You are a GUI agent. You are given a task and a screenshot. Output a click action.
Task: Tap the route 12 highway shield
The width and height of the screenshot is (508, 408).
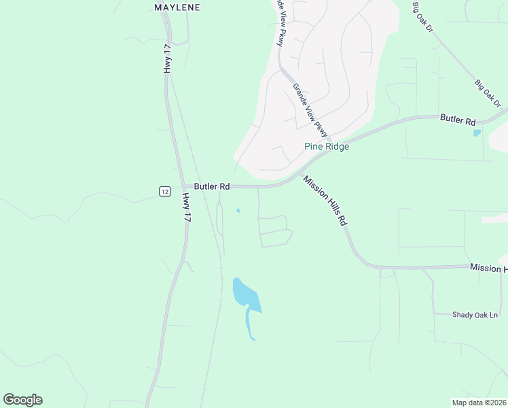(164, 191)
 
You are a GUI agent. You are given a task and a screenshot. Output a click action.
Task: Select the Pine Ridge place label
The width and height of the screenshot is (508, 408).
(326, 146)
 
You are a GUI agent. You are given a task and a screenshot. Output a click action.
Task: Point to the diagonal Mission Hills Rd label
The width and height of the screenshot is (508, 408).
(325, 201)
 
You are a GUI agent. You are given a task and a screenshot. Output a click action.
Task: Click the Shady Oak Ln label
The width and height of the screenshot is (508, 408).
(475, 315)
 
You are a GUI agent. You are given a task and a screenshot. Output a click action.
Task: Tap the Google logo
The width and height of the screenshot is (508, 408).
(22, 399)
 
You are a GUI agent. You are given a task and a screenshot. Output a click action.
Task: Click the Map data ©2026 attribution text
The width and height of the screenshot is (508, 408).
(479, 402)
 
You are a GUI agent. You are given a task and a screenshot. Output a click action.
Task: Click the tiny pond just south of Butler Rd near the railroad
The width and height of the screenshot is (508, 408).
(238, 211)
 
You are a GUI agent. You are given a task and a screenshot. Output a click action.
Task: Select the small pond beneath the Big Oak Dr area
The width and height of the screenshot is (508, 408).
(477, 133)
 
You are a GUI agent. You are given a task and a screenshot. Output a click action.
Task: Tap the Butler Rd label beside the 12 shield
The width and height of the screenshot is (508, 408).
(212, 186)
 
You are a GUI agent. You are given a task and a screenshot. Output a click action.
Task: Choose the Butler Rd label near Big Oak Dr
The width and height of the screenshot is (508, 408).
(457, 120)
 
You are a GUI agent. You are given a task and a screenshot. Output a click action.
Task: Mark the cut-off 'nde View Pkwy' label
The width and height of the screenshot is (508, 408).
(280, 24)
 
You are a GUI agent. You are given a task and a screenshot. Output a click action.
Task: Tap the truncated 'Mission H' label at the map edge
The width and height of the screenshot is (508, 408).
(488, 269)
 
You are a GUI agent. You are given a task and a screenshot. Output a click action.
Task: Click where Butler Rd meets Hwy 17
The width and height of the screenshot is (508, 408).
(182, 187)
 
